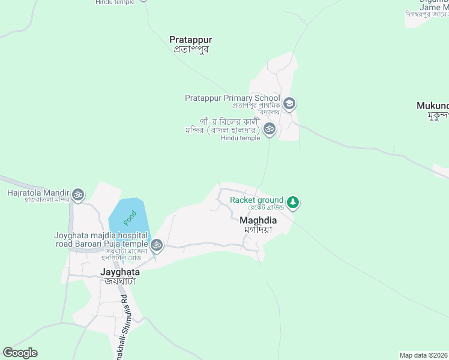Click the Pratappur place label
(x=190, y=40)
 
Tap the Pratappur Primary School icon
(x=289, y=103)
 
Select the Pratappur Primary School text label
(x=232, y=98)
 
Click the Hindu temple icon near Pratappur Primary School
(x=270, y=128)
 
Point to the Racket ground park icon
(x=293, y=202)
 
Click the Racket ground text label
(x=256, y=200)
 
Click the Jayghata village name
(x=120, y=271)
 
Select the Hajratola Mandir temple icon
(x=78, y=194)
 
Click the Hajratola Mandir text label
(x=37, y=193)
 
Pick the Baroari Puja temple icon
(x=156, y=244)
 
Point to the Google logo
(x=20, y=353)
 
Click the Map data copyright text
(x=424, y=355)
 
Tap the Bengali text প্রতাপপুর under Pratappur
(x=190, y=50)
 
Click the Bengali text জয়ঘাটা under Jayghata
(x=120, y=281)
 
